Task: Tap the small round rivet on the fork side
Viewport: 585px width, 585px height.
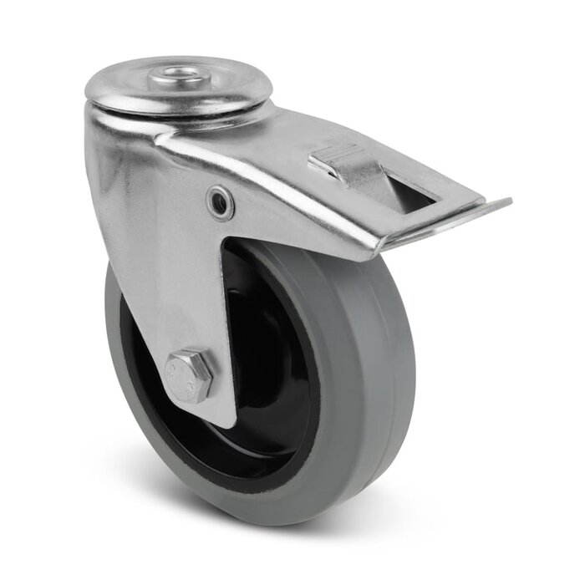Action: coord(221,201)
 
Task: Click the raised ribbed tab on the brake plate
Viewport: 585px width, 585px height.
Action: coord(343,164)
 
